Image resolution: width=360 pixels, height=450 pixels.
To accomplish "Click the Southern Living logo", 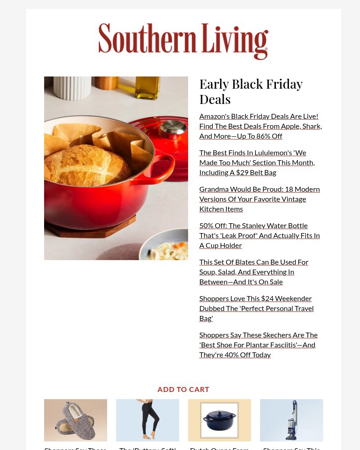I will [x=183, y=41].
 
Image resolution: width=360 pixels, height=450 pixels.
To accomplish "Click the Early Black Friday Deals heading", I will [x=251, y=91].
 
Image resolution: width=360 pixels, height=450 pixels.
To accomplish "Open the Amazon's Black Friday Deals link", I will [x=261, y=126].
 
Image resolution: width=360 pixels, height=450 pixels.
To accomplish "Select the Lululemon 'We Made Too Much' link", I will [x=257, y=162].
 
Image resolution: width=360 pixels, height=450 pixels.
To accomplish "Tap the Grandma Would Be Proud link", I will [x=259, y=199].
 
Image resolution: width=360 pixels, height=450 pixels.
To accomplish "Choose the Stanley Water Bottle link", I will [x=259, y=235].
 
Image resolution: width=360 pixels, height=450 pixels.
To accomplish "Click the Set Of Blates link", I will [x=254, y=272].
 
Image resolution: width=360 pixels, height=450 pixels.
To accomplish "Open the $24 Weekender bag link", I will [x=256, y=308].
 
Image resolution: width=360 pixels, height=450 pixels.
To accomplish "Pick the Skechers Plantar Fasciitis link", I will [x=258, y=345].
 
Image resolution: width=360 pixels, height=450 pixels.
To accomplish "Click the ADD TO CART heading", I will [x=183, y=389].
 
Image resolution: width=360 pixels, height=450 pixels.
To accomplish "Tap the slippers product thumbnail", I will [x=76, y=420].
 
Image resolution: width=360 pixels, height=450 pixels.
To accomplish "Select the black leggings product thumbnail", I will [x=148, y=420].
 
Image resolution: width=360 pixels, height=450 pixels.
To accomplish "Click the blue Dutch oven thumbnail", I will [x=220, y=420].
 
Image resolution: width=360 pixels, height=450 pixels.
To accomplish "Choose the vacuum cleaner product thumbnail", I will [x=292, y=420].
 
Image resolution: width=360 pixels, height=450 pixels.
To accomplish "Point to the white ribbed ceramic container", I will [x=72, y=88].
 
